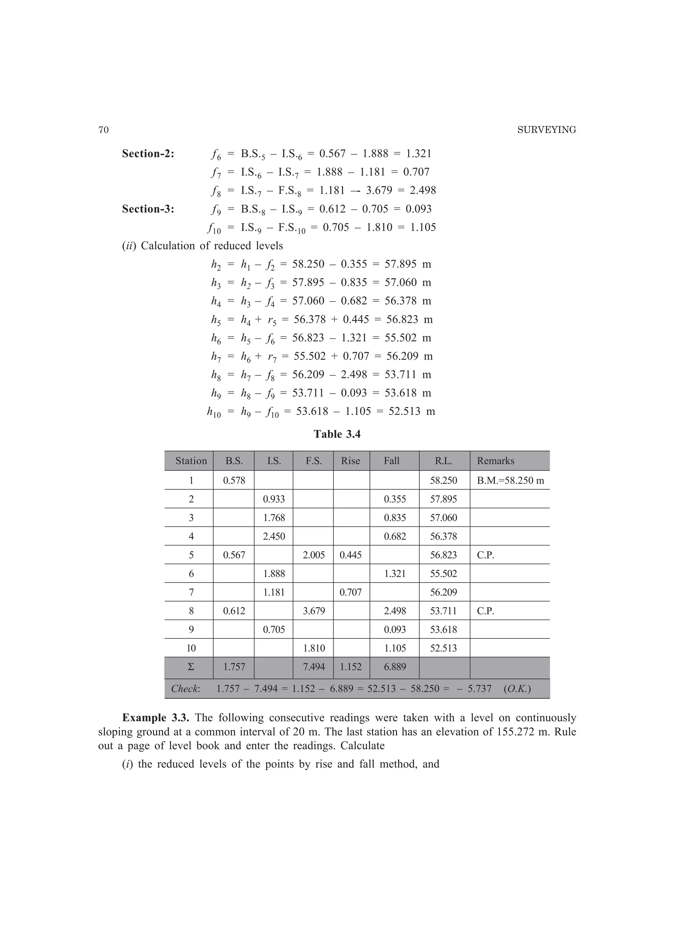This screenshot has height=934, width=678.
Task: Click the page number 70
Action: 104,130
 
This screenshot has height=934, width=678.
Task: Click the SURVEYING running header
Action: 546,130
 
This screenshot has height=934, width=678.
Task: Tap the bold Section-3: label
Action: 148,209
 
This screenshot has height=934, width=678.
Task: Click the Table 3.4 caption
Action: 337,434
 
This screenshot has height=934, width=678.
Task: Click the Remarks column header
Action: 495,461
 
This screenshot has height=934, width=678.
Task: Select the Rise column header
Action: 351,461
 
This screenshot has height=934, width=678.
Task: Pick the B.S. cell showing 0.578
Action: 234,481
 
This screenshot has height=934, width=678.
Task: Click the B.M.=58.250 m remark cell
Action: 510,481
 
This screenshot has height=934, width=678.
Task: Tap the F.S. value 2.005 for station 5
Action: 314,555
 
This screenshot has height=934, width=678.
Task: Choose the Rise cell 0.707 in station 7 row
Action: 351,593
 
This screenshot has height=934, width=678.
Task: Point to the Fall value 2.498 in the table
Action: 395,611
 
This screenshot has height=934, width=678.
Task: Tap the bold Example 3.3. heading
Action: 156,718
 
